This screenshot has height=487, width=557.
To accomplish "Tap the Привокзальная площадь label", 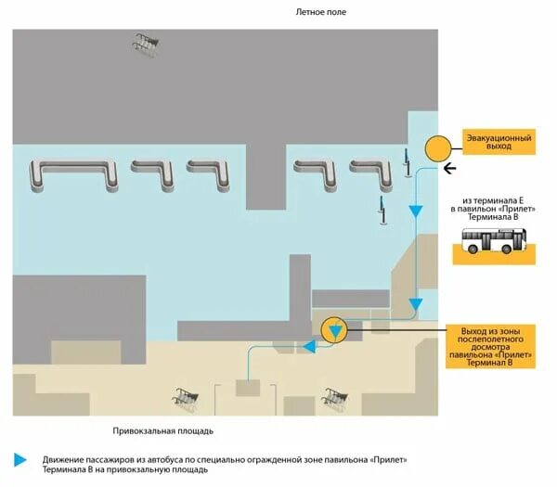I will point(163,431).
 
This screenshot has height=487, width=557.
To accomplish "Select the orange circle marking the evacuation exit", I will point(437,147).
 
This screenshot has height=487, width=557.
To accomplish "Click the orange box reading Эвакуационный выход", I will point(499,142).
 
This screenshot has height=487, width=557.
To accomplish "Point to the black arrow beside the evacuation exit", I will point(450,168).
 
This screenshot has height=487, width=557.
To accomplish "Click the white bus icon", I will point(496,243).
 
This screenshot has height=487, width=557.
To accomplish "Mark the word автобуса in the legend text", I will point(164,460).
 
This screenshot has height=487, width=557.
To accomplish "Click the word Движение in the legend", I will point(62,460).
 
